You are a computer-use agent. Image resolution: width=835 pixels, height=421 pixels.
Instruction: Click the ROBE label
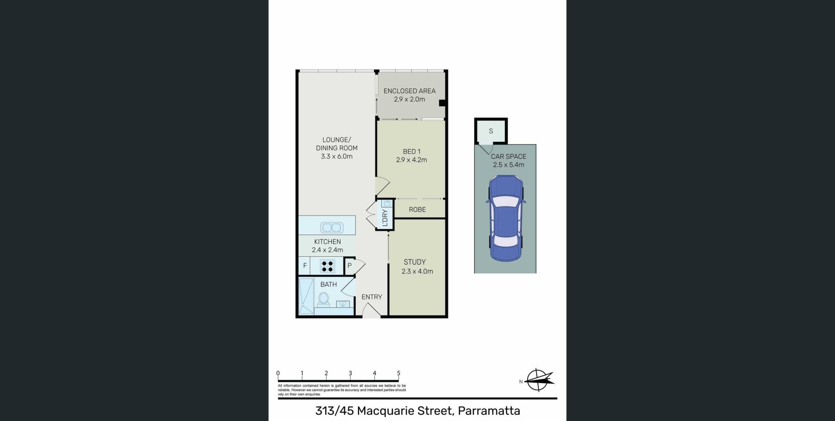(x=417, y=209)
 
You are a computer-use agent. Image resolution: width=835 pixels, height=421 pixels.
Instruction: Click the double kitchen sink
(x=332, y=227)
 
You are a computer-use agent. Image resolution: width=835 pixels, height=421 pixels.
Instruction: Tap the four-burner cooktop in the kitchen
(x=327, y=266)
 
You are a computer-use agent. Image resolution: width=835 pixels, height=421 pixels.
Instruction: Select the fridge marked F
(x=304, y=266)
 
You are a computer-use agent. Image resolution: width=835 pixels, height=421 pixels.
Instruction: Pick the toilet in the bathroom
(x=323, y=299)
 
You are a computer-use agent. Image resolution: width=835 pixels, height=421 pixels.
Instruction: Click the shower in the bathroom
(x=306, y=295)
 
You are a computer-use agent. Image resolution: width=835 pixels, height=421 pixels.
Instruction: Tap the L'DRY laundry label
(x=384, y=218)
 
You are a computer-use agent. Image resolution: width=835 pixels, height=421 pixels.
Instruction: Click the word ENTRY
(x=372, y=297)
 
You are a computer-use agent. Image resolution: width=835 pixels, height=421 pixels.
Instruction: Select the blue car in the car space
(x=506, y=218)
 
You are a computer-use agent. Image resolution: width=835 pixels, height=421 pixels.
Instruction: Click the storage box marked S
(x=491, y=131)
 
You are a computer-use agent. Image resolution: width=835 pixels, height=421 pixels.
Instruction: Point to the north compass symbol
(x=539, y=380)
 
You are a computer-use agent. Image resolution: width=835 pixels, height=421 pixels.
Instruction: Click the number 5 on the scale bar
(x=398, y=373)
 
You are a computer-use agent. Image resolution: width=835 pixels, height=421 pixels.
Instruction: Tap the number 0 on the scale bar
(x=278, y=373)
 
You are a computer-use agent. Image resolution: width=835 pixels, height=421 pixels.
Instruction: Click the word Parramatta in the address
(x=489, y=411)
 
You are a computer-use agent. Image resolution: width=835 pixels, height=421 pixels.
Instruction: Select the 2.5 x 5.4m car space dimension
(x=508, y=165)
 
